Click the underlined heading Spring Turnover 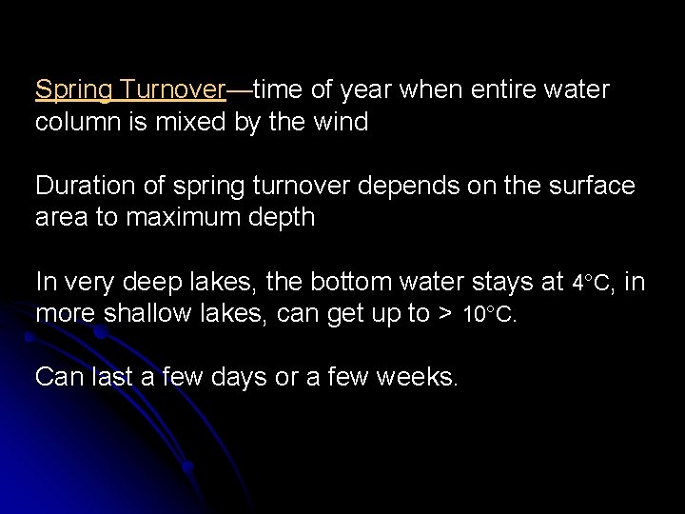tap(130, 90)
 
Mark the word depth tap(281, 219)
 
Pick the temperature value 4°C tap(592, 283)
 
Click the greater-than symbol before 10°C tap(443, 315)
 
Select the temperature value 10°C tap(489, 315)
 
